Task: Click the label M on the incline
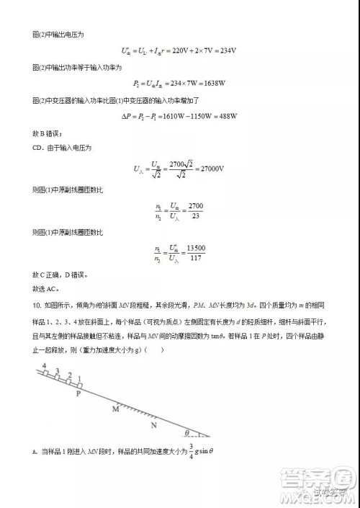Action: click(115, 409)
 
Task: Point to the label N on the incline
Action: click(153, 425)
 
